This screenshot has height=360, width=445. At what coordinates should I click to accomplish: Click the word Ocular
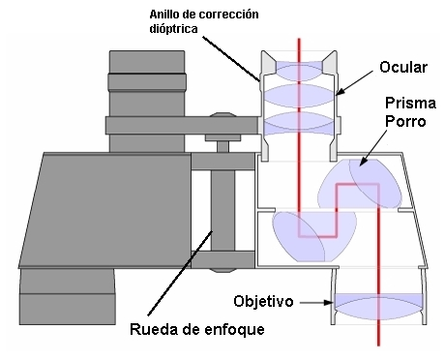[x=400, y=69]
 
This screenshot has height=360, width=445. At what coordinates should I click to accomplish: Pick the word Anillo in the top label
[x=167, y=14]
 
